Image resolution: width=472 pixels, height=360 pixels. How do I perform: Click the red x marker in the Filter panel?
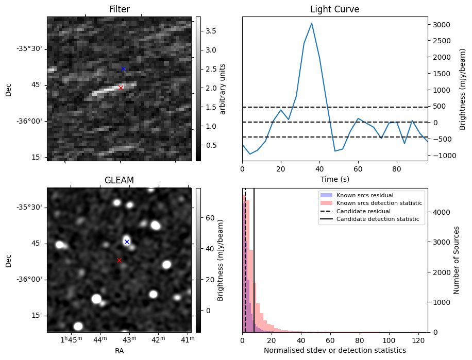121,88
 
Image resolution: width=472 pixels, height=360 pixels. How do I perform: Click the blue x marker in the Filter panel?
123,68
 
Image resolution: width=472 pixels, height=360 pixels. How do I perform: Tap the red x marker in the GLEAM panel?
119,260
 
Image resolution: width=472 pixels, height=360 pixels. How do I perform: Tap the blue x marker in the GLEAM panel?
127,242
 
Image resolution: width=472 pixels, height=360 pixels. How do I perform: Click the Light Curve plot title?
334,9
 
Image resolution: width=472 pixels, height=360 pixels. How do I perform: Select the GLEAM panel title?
119,180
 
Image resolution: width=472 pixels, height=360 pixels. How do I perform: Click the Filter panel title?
119,9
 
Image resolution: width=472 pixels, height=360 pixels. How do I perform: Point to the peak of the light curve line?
312,23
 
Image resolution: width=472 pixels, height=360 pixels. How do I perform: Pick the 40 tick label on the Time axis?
319,168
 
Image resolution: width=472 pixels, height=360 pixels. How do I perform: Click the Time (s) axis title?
334,179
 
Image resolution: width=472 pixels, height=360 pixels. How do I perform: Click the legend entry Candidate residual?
361,211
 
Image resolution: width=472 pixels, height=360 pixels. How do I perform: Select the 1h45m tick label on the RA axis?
71,340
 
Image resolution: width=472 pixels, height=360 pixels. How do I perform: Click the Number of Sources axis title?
457,260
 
